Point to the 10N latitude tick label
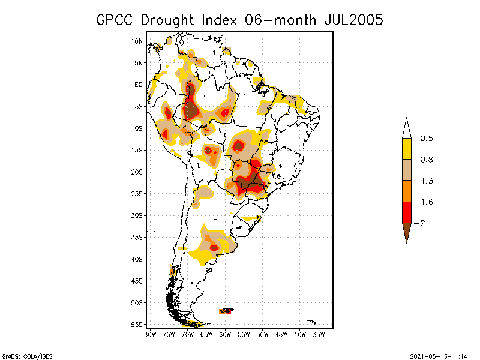click(x=137, y=41)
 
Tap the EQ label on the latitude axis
click(x=139, y=85)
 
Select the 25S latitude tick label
click(x=137, y=194)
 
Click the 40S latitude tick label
click(x=137, y=259)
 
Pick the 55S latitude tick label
click(x=137, y=325)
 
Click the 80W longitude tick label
click(x=150, y=334)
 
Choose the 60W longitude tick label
click(x=225, y=334)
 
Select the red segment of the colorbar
click(x=406, y=212)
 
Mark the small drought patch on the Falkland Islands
click(x=227, y=311)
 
